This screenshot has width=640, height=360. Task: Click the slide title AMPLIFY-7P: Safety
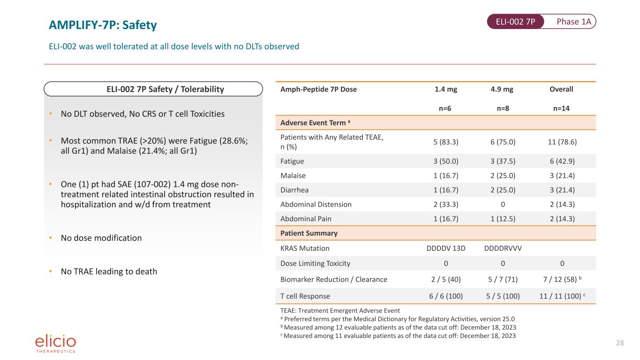pyautogui.click(x=103, y=25)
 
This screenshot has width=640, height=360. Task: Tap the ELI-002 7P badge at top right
pyautogui.click(x=515, y=22)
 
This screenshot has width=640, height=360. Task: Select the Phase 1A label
pyautogui.click(x=574, y=22)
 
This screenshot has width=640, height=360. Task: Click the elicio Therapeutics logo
pyautogui.click(x=55, y=344)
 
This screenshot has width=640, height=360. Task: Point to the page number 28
pyautogui.click(x=620, y=343)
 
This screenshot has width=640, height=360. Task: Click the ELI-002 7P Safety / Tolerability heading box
pyautogui.click(x=153, y=89)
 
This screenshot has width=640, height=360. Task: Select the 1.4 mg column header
pyautogui.click(x=446, y=89)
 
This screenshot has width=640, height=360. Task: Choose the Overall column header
pyautogui.click(x=561, y=89)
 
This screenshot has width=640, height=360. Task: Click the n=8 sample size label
pyautogui.click(x=503, y=108)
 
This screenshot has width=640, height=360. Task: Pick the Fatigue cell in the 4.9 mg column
pyautogui.click(x=503, y=161)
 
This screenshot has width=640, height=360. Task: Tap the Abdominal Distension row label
pyautogui.click(x=316, y=204)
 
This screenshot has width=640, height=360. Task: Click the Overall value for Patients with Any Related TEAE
pyautogui.click(x=562, y=142)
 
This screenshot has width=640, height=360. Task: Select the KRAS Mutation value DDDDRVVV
pyautogui.click(x=503, y=248)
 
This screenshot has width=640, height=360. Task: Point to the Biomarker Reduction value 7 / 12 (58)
pyautogui.click(x=560, y=279)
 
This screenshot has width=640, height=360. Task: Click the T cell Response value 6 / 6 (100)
pyautogui.click(x=446, y=296)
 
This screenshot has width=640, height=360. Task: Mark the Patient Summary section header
pyautogui.click(x=309, y=233)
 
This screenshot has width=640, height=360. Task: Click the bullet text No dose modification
pyautogui.click(x=101, y=238)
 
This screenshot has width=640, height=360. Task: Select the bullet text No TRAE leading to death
pyautogui.click(x=109, y=271)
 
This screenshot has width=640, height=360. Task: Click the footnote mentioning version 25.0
pyautogui.click(x=398, y=319)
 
